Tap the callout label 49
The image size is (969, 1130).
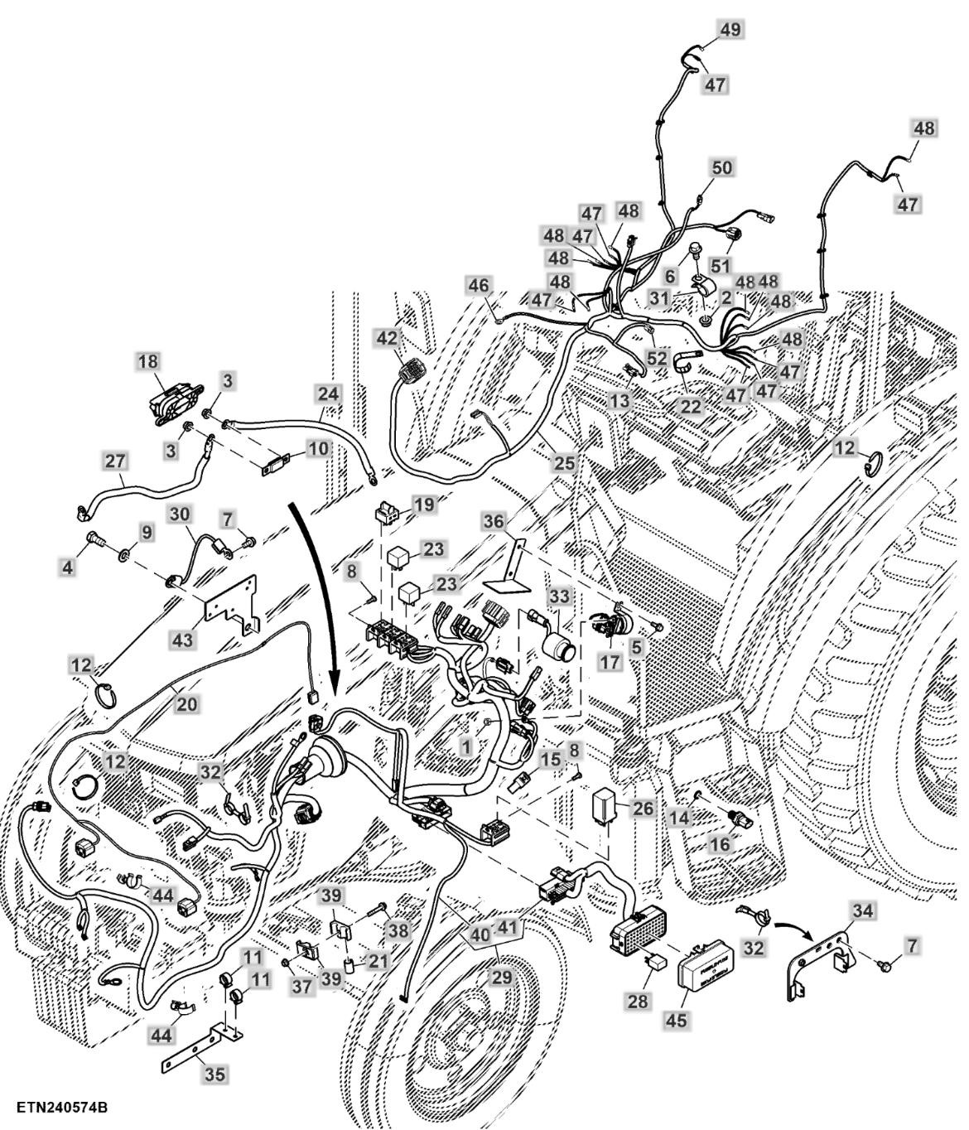[x=730, y=30]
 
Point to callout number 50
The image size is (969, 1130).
[x=721, y=168]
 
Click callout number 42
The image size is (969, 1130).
[x=387, y=338]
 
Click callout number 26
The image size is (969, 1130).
[x=642, y=808]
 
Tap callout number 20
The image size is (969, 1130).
[x=187, y=703]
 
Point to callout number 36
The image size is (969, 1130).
[x=493, y=522]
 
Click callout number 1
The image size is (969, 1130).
[x=466, y=746]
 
